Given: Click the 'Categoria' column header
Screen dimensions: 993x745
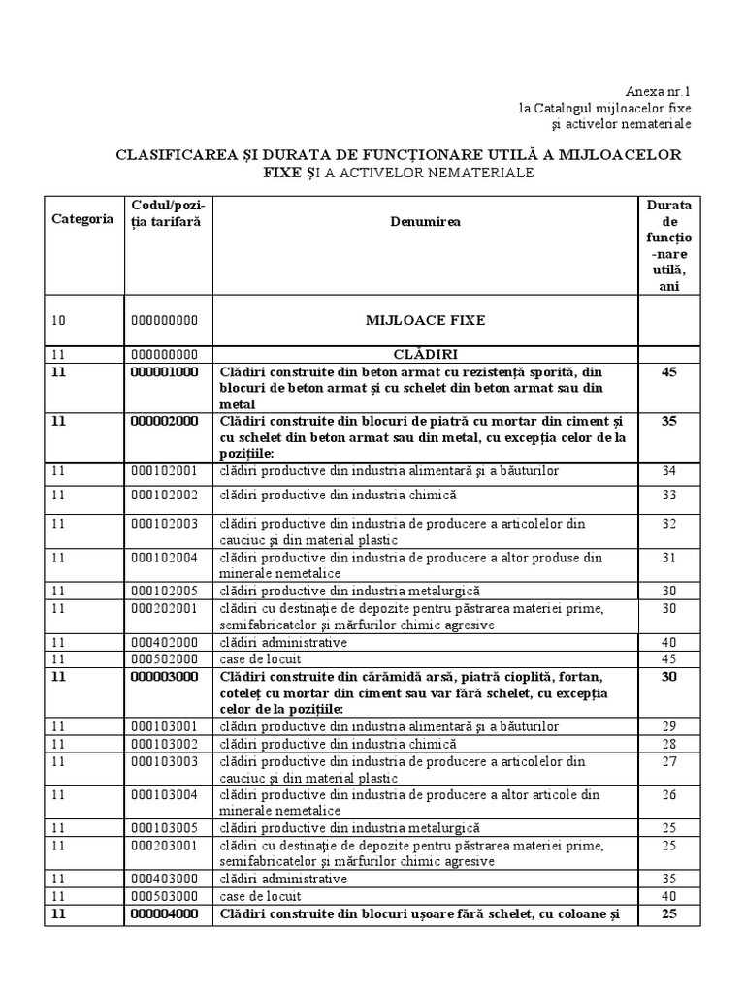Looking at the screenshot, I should pos(82,219).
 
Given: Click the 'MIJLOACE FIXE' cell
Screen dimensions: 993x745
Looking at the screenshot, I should pos(425,319).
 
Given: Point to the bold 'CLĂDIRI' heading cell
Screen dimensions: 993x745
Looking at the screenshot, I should pos(425,354).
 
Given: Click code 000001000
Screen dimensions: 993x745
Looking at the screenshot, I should pos(165,371).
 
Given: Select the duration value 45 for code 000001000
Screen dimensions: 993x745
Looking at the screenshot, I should pos(668,371).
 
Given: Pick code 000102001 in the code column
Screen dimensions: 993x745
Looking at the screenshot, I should pos(165,471).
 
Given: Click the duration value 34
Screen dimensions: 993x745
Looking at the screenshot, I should pos(668,471).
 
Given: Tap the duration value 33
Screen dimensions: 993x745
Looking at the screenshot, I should pos(668,495).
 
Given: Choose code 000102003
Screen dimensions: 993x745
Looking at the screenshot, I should pos(165,524).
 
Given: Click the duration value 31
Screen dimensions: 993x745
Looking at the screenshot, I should pos(668,558).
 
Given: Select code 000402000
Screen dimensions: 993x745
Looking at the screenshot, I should pos(165,642).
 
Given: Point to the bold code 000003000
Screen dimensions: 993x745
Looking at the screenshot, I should pos(165,676).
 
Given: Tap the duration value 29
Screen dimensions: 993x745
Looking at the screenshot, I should pos(668,726).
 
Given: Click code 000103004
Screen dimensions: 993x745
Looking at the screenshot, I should pos(165,795).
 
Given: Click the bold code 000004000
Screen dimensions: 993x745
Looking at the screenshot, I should pos(165,913).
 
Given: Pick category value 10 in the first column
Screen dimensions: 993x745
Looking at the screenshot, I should pos(59,319).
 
